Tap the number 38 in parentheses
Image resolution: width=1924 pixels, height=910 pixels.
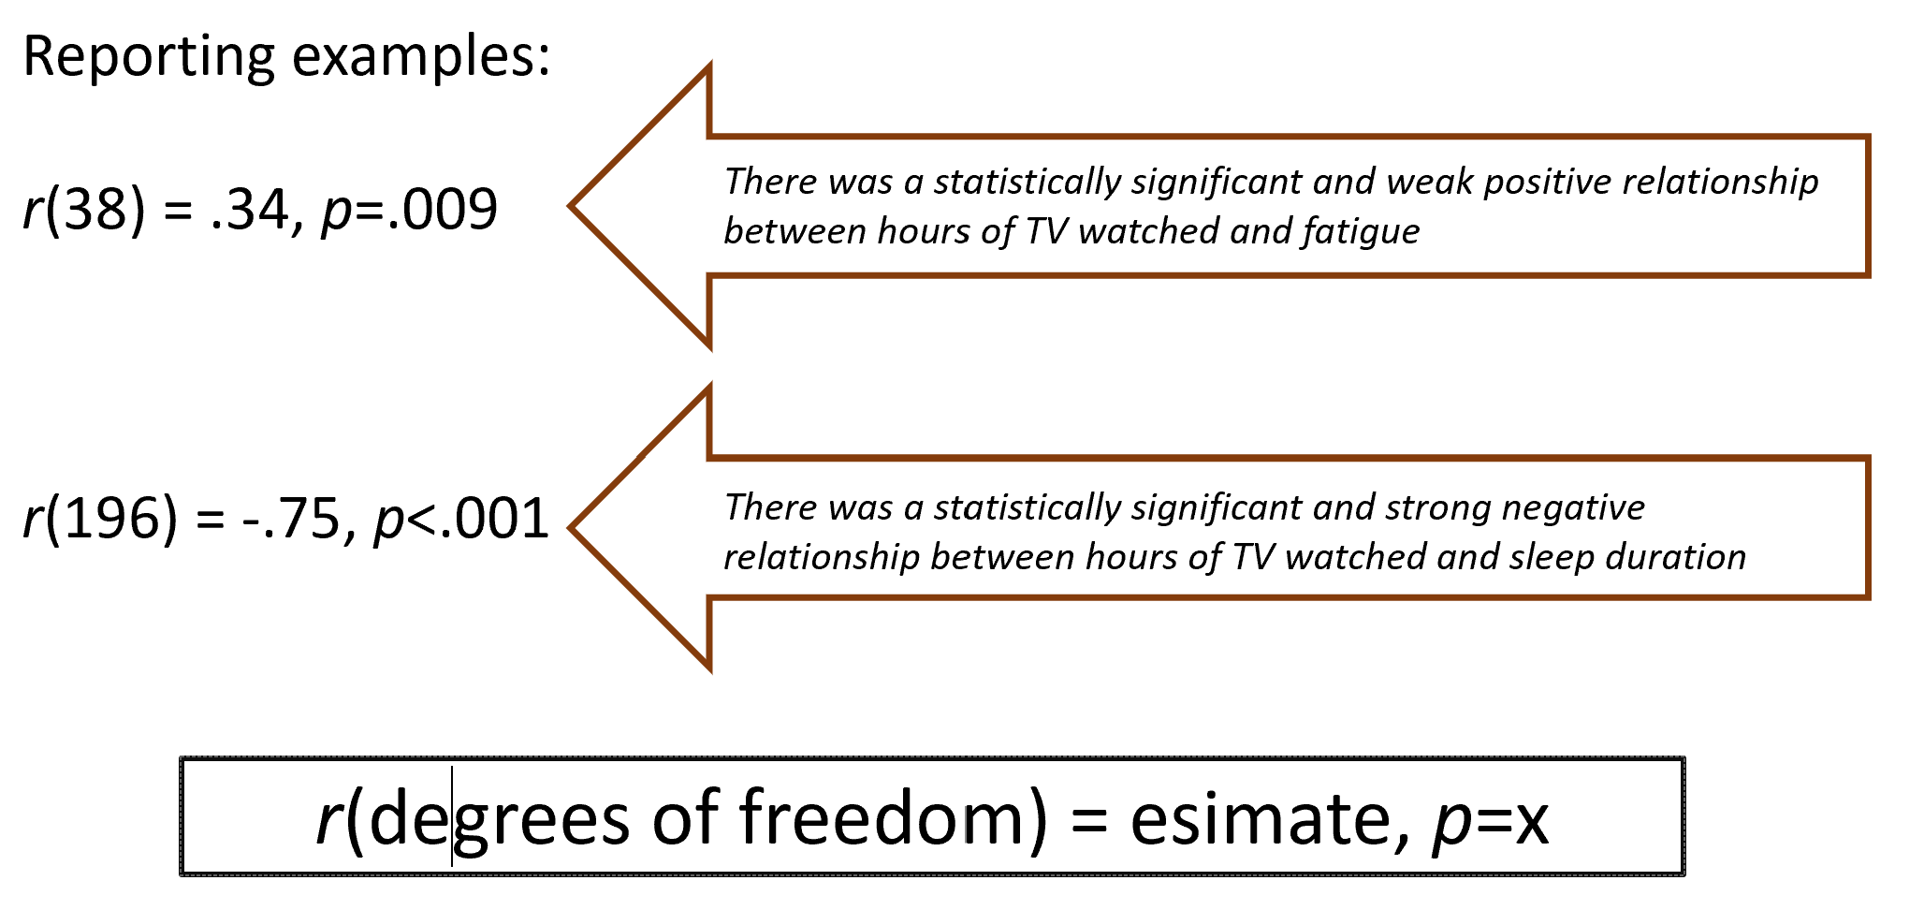click(95, 210)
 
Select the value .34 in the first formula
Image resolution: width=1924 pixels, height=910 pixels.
click(249, 210)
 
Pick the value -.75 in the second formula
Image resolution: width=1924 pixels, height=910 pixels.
click(290, 520)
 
